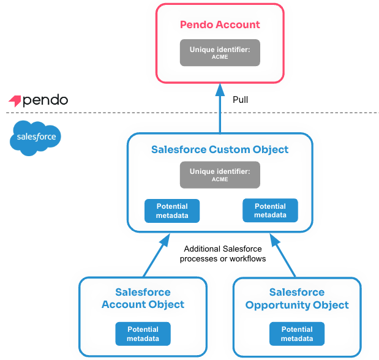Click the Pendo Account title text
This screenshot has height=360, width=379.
coord(220,25)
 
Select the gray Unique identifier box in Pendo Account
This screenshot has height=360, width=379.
coord(220,53)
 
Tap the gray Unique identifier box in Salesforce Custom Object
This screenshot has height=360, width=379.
coord(220,175)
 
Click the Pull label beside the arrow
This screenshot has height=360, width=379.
coord(241,100)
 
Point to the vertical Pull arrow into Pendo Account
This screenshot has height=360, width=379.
coord(220,110)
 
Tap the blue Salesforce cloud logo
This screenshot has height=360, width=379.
coord(36,138)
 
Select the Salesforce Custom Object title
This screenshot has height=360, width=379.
coord(220,149)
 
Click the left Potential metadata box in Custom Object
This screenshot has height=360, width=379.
coord(172,211)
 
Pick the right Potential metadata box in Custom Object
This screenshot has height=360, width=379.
coord(270,211)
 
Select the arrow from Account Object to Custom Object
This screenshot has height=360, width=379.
coord(152,258)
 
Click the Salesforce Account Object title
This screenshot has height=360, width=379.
coord(143,298)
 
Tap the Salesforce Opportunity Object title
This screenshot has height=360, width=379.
coord(297,298)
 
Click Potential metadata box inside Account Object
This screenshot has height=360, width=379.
coord(143,334)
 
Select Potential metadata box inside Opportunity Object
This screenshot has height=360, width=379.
coord(297,334)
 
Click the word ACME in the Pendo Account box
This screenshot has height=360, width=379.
coord(220,57)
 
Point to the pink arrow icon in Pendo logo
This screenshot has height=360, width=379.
coord(15,100)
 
